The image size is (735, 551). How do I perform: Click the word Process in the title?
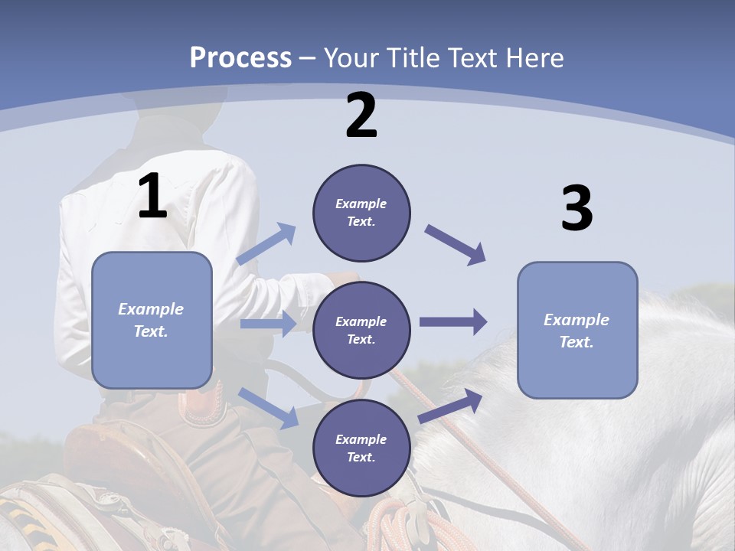pyautogui.click(x=240, y=57)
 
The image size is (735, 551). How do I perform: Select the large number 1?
pyautogui.click(x=152, y=197)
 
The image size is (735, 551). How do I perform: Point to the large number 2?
pyautogui.click(x=361, y=116)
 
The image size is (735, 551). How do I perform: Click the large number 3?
pyautogui.click(x=577, y=209)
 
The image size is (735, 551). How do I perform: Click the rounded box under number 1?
pyautogui.click(x=152, y=320)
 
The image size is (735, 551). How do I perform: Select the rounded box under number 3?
pyautogui.click(x=577, y=330)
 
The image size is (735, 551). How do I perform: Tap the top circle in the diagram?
pyautogui.click(x=361, y=213)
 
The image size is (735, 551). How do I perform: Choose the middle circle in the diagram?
pyautogui.click(x=361, y=330)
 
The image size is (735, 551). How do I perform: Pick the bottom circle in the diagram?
pyautogui.click(x=361, y=448)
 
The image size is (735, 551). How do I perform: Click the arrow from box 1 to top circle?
pyautogui.click(x=266, y=245)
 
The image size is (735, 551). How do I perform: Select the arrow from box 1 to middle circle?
pyautogui.click(x=267, y=324)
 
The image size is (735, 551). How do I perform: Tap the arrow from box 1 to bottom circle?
pyautogui.click(x=268, y=408)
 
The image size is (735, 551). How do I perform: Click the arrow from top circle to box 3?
pyautogui.click(x=456, y=245)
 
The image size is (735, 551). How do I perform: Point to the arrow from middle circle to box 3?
pyautogui.click(x=452, y=322)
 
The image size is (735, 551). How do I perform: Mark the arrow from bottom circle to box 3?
pyautogui.click(x=451, y=406)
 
